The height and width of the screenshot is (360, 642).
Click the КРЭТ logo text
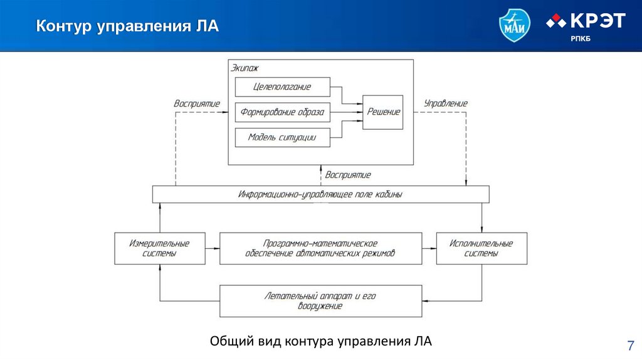click(x=596, y=21)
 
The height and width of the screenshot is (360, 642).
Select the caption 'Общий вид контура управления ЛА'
click(x=321, y=341)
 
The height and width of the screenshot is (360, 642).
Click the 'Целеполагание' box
click(x=282, y=87)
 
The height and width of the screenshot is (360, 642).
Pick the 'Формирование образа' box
click(x=282, y=112)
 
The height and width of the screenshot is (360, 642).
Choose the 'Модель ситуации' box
click(x=282, y=137)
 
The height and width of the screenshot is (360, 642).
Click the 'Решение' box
click(x=382, y=112)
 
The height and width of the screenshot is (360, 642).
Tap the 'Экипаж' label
click(x=245, y=68)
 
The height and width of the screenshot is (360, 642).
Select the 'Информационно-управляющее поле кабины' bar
click(x=320, y=194)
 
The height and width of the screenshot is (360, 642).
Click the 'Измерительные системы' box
click(x=159, y=248)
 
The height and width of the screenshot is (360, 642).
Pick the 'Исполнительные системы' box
click(x=481, y=248)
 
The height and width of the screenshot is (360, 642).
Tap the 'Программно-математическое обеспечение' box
click(x=320, y=248)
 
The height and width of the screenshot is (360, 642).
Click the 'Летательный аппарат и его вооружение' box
click(x=320, y=301)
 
